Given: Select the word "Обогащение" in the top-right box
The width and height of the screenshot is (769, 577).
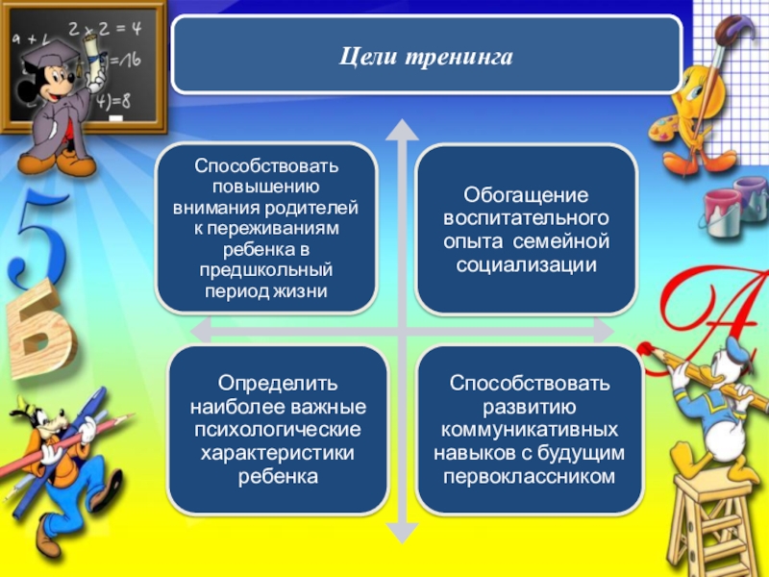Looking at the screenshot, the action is pos(525,194).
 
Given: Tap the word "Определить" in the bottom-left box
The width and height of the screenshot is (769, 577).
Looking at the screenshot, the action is pos(277,385).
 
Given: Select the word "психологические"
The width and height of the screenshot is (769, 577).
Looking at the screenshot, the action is pos(277,430).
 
